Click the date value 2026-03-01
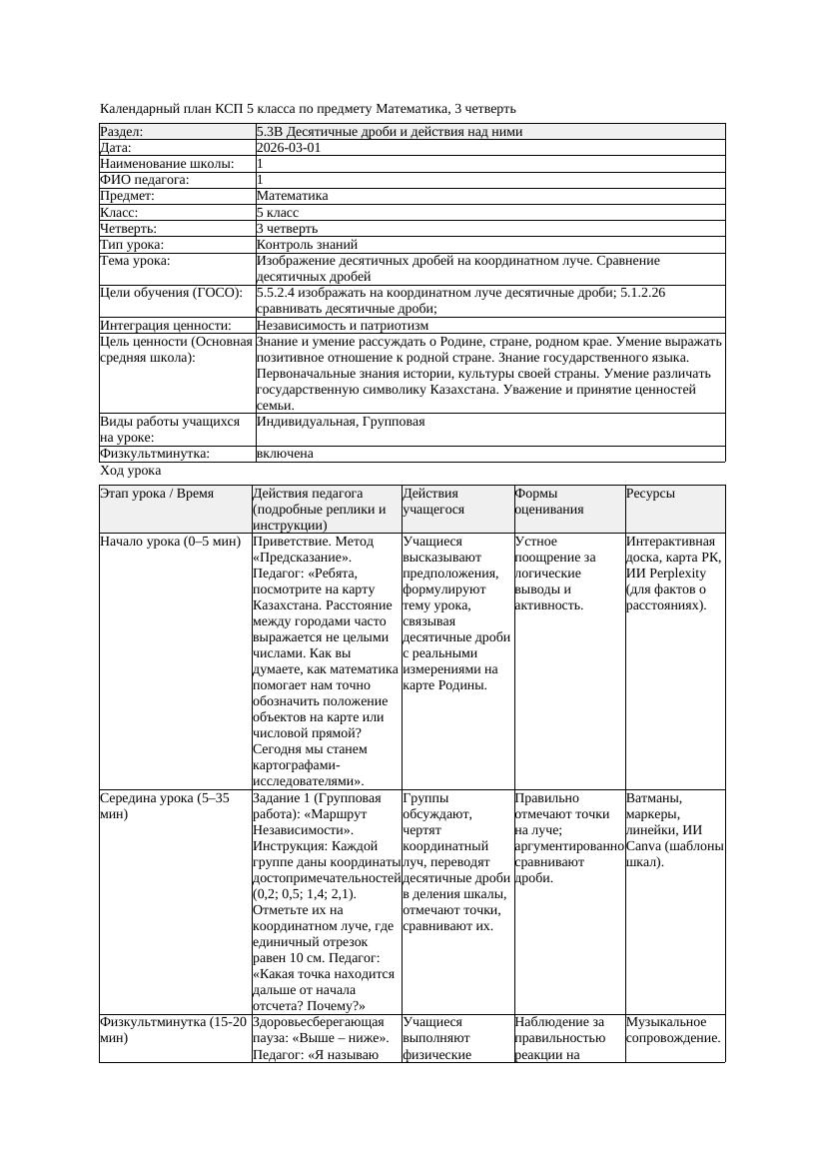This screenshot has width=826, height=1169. click(289, 147)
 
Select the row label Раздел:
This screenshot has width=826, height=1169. click(122, 131)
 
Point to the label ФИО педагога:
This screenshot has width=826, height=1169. click(146, 180)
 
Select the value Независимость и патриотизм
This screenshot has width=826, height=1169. click(343, 325)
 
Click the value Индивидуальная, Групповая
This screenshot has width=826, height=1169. click(341, 422)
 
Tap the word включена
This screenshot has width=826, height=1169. click(285, 454)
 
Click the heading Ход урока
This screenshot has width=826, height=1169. click(131, 471)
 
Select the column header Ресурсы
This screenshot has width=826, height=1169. click(650, 494)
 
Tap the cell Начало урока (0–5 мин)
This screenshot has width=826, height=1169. click(171, 542)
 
